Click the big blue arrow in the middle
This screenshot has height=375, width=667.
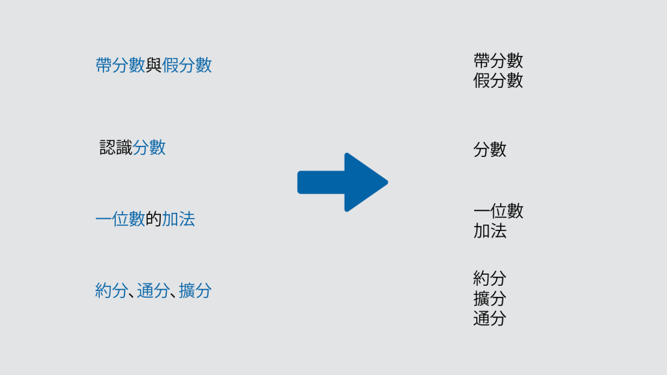pos(343,182)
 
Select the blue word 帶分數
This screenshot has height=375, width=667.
pos(120,65)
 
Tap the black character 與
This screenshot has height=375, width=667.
pos(154,65)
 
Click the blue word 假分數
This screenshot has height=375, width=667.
pos(187,65)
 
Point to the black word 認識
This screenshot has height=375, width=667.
pos(116,148)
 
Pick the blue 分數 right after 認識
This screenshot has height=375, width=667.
pos(149,148)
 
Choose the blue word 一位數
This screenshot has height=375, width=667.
pos(120,219)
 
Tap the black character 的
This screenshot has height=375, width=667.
pos(154,219)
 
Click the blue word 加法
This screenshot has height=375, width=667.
pos(178,219)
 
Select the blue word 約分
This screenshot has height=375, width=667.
pos(111,291)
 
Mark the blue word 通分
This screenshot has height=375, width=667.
pos(153,291)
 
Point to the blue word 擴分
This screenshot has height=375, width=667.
pos(195,291)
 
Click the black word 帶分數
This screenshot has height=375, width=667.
pos(498,61)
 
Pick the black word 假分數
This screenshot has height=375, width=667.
pos(498,81)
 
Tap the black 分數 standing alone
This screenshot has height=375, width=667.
pos(490,150)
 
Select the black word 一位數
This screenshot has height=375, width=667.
pos(498,211)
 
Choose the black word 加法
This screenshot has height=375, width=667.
pos(490,231)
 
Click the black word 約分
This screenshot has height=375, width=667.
pos(490,279)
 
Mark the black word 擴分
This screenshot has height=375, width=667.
pos(490,299)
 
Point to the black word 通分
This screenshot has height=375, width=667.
pos(490,319)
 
